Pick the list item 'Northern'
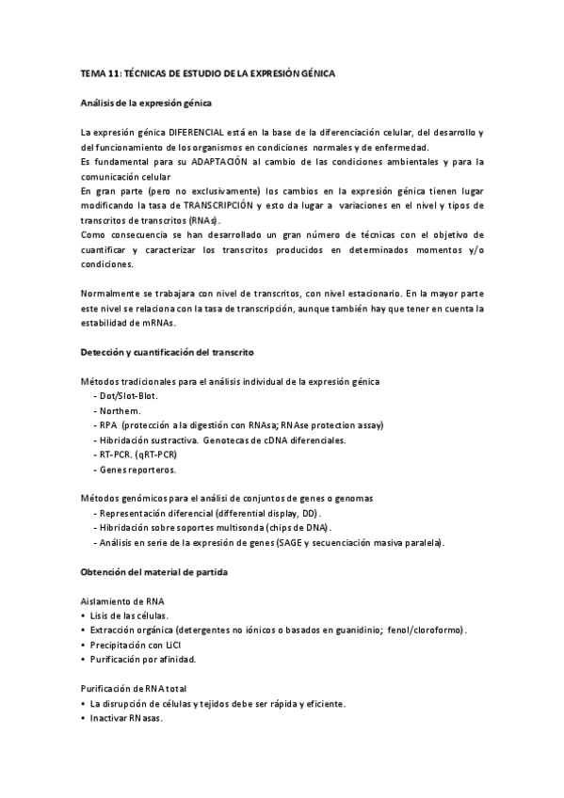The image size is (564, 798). pos(120,410)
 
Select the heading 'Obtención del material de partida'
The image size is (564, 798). pos(153,572)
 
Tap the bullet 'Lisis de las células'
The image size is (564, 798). pos(128,615)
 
